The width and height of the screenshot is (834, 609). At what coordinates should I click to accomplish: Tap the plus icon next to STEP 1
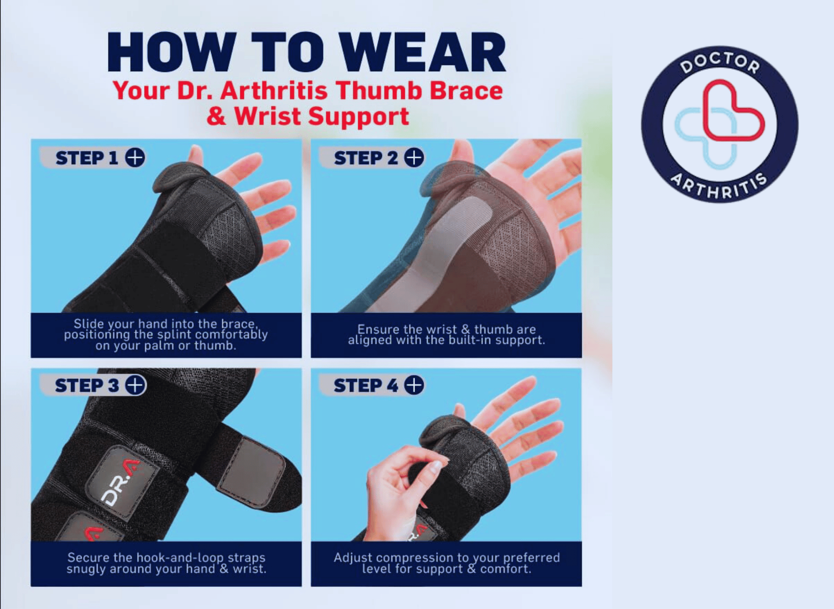click(x=135, y=158)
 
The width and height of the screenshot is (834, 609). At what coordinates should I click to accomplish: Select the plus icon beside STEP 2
click(x=414, y=158)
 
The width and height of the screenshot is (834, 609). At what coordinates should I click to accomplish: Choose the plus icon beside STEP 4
click(x=414, y=385)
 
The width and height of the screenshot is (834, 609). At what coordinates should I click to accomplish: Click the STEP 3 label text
click(x=87, y=386)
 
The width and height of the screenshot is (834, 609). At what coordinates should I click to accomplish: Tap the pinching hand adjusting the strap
click(x=400, y=484)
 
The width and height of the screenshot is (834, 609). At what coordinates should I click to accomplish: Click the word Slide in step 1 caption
click(x=89, y=324)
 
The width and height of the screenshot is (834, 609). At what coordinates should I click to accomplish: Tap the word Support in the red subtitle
click(x=359, y=117)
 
